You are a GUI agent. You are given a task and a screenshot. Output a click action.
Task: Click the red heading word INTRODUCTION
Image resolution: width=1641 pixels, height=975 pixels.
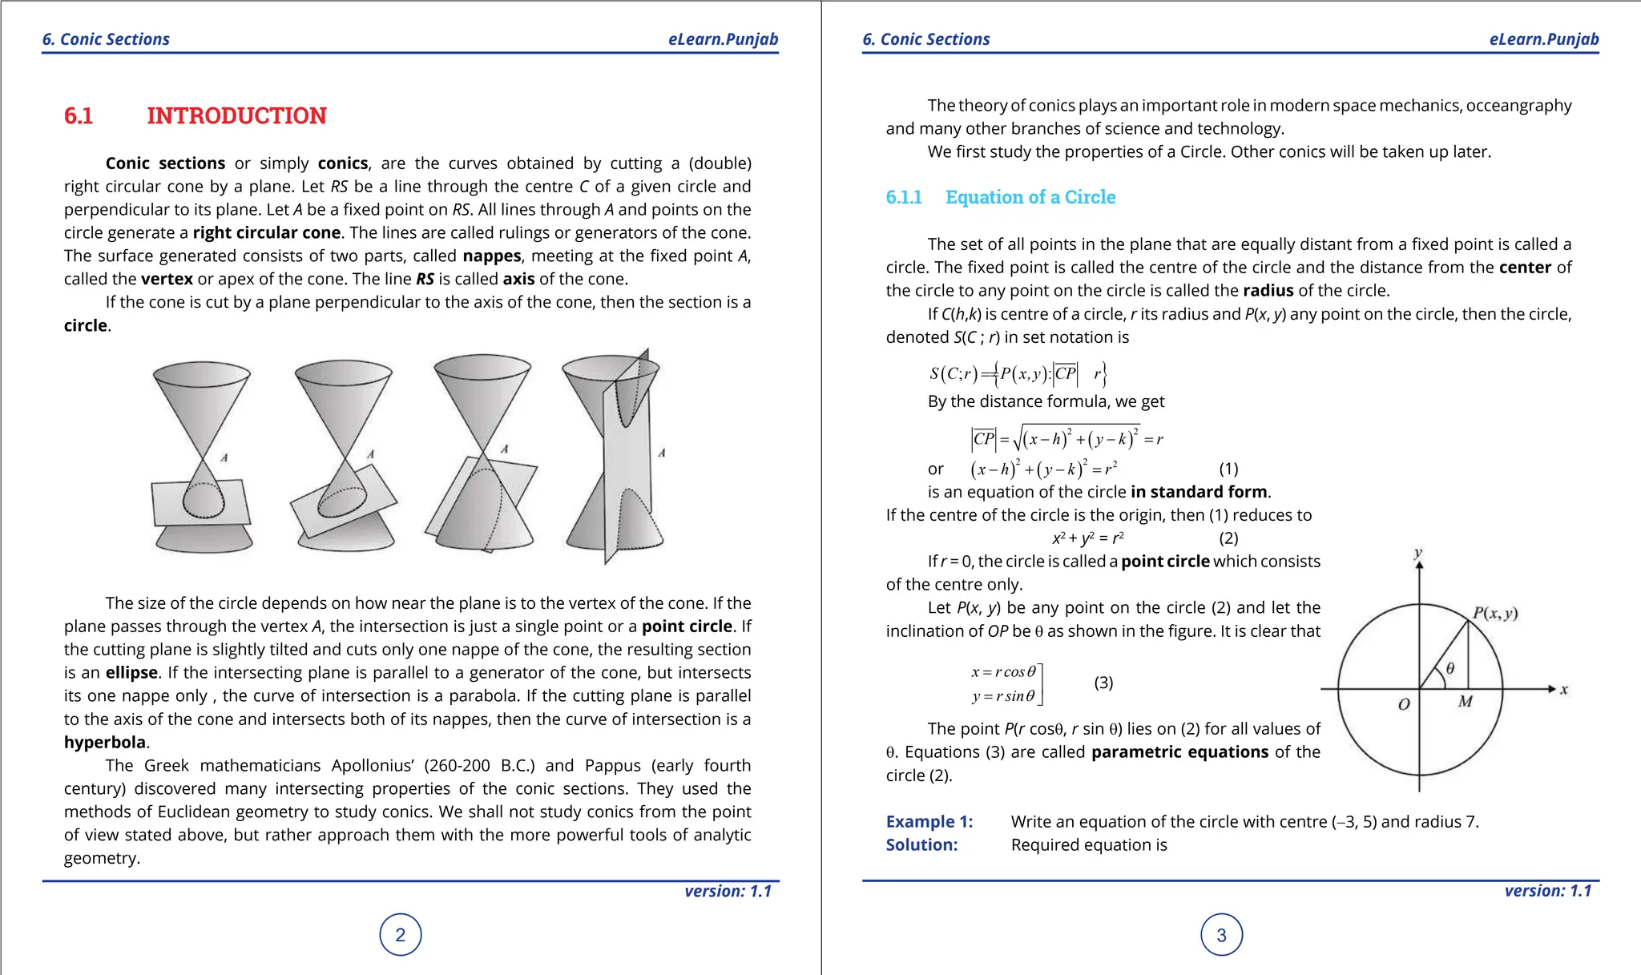tap(236, 116)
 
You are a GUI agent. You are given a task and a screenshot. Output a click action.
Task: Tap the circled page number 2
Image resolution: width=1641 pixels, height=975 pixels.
tap(401, 935)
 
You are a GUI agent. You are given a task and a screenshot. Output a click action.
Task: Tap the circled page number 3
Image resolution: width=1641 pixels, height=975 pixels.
tap(1221, 935)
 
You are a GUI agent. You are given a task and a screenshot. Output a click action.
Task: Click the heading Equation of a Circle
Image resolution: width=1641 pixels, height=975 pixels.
tap(1030, 197)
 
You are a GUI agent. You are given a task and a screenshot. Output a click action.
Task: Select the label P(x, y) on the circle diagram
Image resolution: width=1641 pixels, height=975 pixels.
tap(1495, 614)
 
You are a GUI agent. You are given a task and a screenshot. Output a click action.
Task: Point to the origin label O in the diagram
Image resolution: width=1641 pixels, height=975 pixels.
tap(1404, 705)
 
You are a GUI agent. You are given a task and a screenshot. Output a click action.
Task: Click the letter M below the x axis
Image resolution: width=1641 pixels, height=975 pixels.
tap(1466, 702)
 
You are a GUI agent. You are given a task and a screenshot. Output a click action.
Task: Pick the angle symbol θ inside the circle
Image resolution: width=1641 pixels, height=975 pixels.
tap(1449, 668)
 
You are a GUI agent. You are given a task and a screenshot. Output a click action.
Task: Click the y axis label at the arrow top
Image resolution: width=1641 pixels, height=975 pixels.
tap(1418, 553)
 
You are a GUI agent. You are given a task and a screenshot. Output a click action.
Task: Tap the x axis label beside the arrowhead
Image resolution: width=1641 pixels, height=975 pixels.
tap(1564, 689)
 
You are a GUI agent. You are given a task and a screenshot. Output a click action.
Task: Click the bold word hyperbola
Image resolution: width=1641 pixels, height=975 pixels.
tap(105, 743)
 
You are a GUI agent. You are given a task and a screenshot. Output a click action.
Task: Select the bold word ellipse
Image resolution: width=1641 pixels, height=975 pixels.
tap(131, 673)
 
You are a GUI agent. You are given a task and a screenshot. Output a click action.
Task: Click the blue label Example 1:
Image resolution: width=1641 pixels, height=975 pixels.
tap(929, 822)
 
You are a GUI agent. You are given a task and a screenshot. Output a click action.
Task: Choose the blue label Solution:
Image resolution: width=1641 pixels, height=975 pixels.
tap(921, 845)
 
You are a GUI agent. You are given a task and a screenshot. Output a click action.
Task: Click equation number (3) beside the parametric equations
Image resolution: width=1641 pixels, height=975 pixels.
tap(1103, 683)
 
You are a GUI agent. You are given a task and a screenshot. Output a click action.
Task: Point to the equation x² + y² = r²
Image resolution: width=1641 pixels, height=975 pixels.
tap(1087, 538)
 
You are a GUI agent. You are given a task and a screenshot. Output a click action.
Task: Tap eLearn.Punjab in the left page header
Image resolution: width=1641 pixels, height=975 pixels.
tap(723, 39)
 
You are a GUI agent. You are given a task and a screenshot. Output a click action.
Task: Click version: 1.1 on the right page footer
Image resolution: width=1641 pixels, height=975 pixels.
tap(1547, 891)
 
